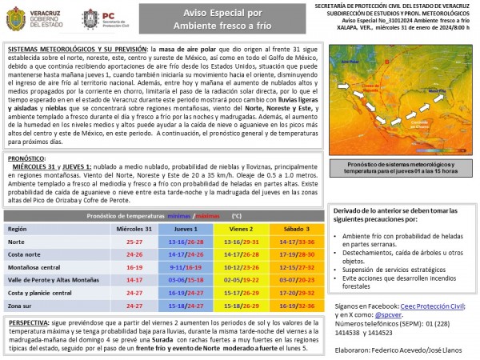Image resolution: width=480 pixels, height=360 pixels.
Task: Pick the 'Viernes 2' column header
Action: (x=238, y=229)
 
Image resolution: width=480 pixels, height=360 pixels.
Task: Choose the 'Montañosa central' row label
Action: (x=31, y=266)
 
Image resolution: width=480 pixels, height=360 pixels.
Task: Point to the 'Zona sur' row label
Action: (x=20, y=305)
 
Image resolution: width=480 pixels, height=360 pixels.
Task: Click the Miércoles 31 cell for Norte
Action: (x=129, y=241)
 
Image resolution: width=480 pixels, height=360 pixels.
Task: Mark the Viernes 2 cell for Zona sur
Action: (x=238, y=305)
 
